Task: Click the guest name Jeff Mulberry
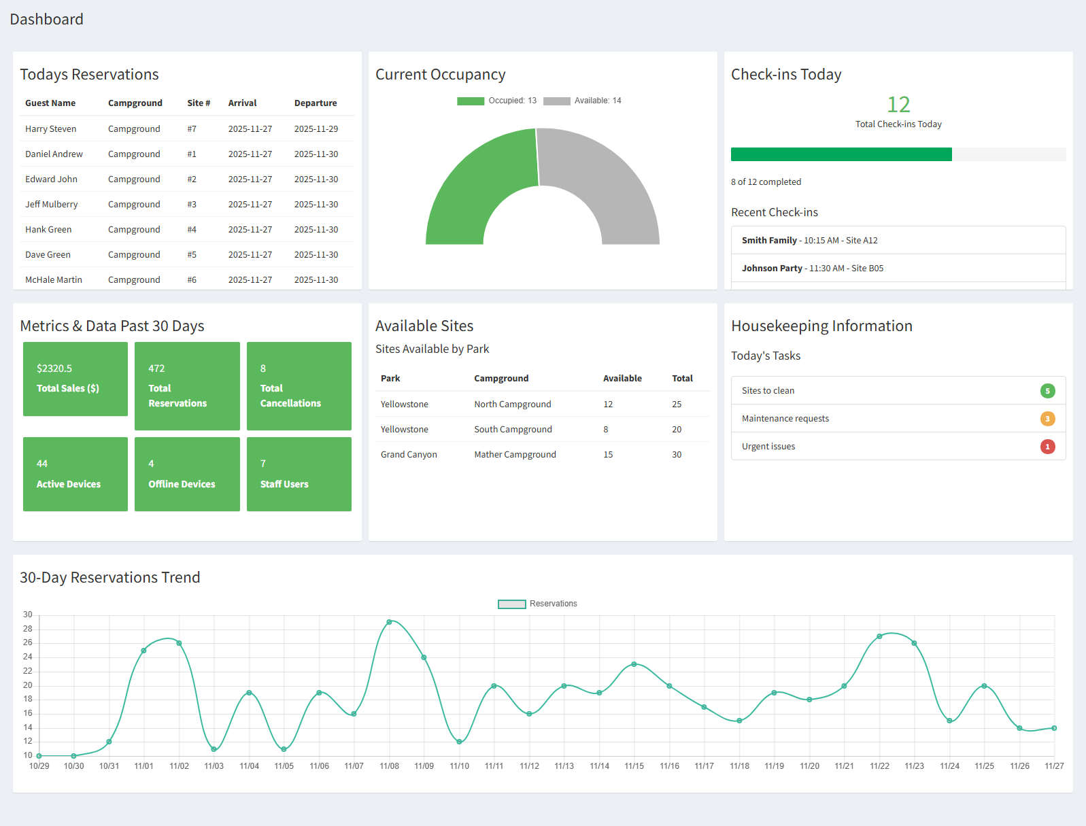point(52,205)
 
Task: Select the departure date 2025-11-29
point(316,129)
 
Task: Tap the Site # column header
point(199,103)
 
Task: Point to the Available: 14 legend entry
point(583,101)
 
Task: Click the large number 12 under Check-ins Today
point(898,105)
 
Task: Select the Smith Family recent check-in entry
point(809,241)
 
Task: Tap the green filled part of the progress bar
point(841,154)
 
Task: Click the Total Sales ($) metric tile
point(75,379)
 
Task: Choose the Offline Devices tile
point(187,474)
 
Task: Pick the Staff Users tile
point(299,474)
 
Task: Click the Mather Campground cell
point(515,455)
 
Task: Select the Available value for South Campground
point(606,430)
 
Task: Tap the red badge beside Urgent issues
point(1047,447)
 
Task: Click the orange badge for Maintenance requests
point(1047,419)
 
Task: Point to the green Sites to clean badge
point(1047,391)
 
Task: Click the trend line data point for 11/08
point(389,622)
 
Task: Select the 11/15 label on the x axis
point(634,766)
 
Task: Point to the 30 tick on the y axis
point(28,615)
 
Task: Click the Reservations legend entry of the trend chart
point(537,604)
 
